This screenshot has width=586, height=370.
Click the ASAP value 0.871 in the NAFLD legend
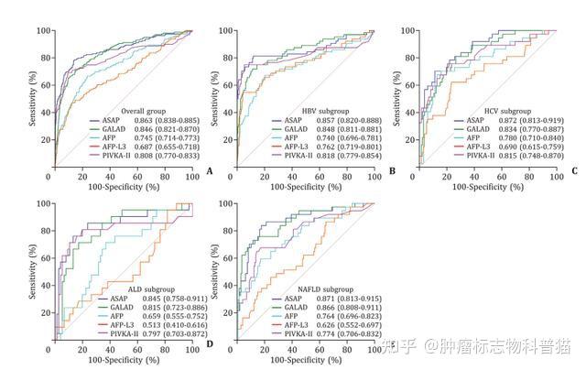point(314,299)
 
